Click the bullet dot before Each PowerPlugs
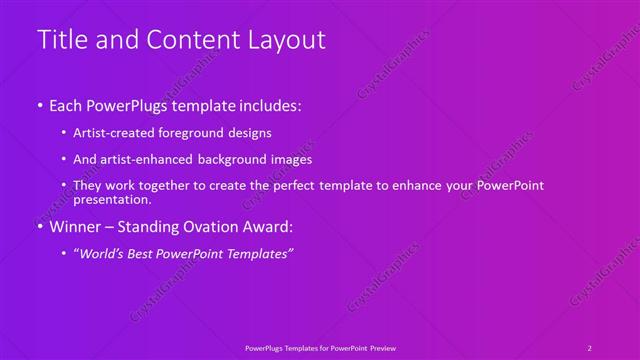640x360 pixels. [x=39, y=105]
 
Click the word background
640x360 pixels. [x=232, y=159]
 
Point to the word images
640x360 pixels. [x=291, y=159]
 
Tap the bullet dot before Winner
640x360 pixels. [x=39, y=227]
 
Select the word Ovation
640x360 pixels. [x=199, y=227]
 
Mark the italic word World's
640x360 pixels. [x=104, y=254]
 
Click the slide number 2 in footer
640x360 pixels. [x=590, y=348]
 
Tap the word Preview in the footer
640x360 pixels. [x=382, y=348]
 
